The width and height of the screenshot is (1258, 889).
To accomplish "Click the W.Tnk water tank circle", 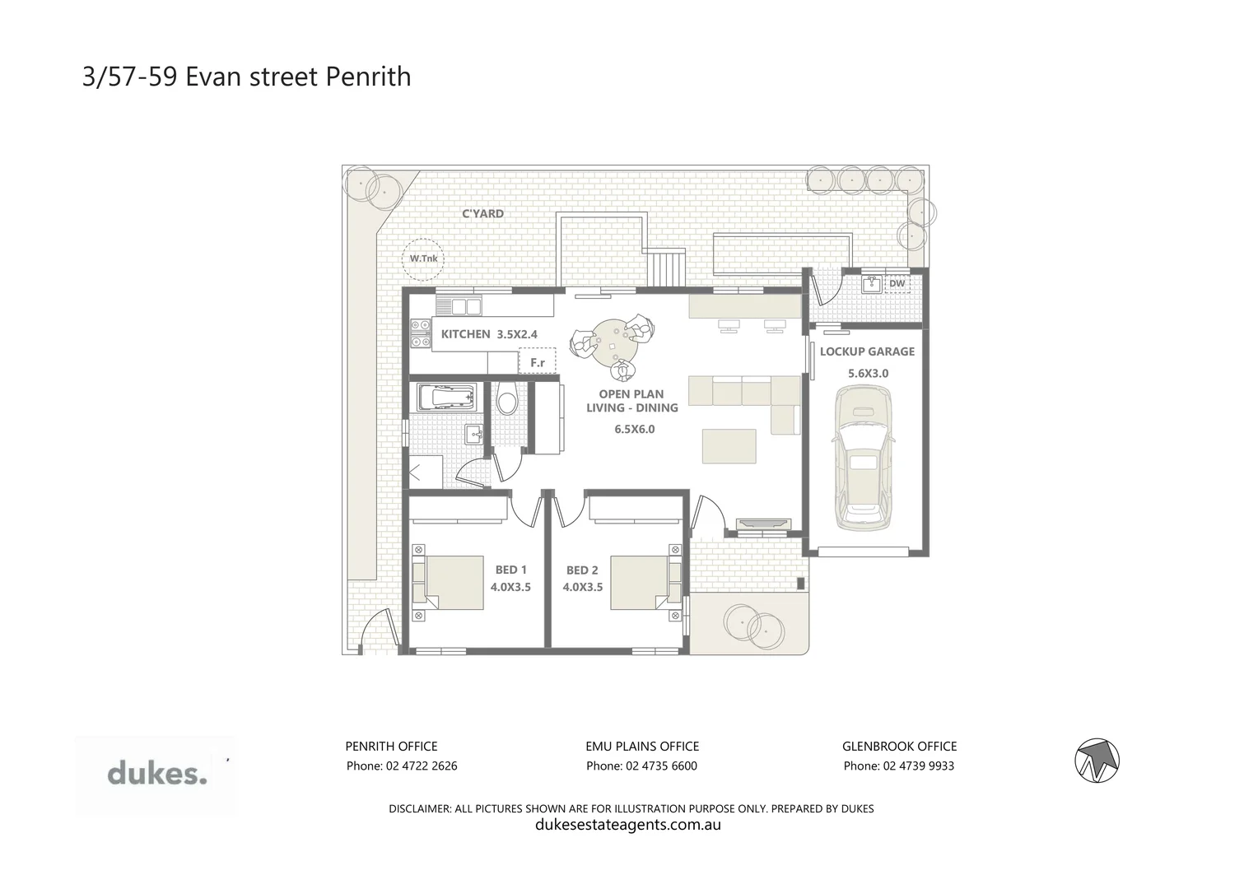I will (x=423, y=259).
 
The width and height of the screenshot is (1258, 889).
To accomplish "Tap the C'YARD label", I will (x=482, y=214).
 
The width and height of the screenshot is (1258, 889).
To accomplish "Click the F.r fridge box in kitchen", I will (x=538, y=362).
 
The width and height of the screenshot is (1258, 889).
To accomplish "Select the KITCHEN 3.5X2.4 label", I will (x=489, y=334).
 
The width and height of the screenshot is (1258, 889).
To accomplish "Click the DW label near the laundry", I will (x=897, y=284).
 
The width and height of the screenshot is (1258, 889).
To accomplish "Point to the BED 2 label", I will (x=582, y=570).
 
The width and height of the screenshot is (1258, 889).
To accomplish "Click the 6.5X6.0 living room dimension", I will (x=635, y=429).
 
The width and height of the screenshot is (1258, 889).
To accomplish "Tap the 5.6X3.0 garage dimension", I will (x=868, y=373).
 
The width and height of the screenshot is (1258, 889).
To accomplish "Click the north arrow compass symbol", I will (x=1098, y=760).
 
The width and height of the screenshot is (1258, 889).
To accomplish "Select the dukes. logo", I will (x=156, y=775).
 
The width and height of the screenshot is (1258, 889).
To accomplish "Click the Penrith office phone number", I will (x=402, y=766).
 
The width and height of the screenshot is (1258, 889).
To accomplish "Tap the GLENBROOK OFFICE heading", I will (x=899, y=747).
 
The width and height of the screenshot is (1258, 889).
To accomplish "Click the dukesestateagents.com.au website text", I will (x=628, y=825).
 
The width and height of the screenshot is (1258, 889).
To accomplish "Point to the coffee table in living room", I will (x=729, y=446).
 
